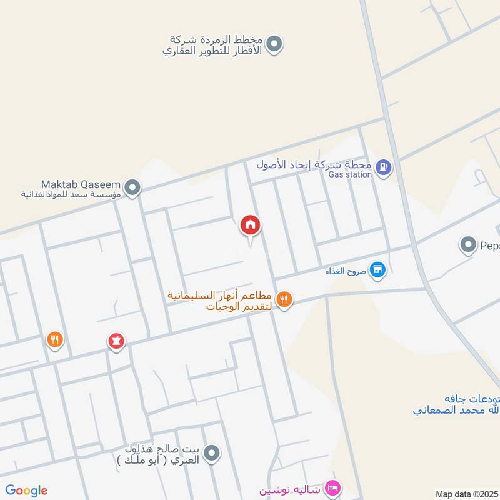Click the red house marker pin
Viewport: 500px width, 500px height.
pyautogui.click(x=251, y=225)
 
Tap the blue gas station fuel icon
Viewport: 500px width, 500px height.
pyautogui.click(x=385, y=167)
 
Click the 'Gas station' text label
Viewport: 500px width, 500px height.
pyautogui.click(x=350, y=174)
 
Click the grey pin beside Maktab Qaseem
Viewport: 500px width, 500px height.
pyautogui.click(x=132, y=187)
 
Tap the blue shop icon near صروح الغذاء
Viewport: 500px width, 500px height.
pyautogui.click(x=377, y=270)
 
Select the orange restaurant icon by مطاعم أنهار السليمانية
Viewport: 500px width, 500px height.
pyautogui.click(x=284, y=300)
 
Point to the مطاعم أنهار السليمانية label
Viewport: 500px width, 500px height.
pyautogui.click(x=219, y=301)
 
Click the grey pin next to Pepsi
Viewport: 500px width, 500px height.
pyautogui.click(x=468, y=245)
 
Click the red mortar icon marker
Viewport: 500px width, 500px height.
pyautogui.click(x=116, y=341)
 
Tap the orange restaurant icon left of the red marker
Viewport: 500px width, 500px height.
pyautogui.click(x=56, y=339)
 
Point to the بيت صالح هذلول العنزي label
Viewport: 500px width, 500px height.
pyautogui.click(x=161, y=454)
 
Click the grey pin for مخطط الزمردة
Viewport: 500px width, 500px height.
pyautogui.click(x=273, y=44)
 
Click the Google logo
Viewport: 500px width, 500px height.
pyautogui.click(x=26, y=491)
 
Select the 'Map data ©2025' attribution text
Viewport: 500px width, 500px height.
pyautogui.click(x=466, y=494)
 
